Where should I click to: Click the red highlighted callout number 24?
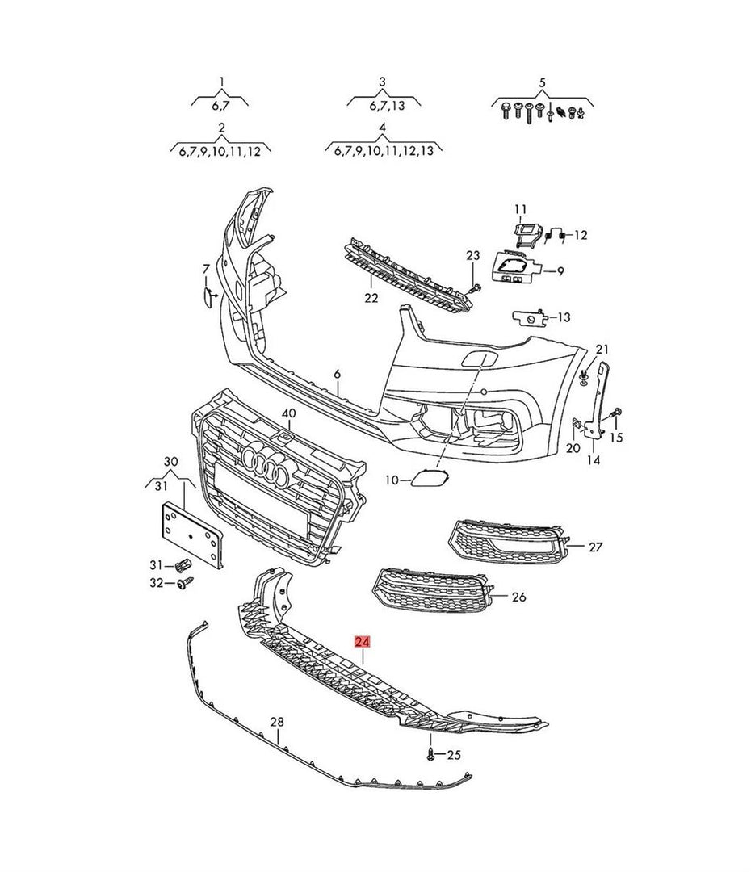click(363, 642)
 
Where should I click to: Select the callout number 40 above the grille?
click(288, 413)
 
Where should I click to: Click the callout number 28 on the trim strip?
click(276, 721)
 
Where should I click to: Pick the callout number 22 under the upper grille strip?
click(371, 298)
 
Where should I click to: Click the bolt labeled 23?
click(474, 287)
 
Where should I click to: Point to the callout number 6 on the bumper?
click(338, 375)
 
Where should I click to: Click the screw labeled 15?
click(617, 413)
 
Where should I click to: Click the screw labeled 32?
click(182, 582)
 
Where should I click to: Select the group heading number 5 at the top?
click(542, 82)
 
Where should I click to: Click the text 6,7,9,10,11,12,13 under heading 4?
click(383, 151)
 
